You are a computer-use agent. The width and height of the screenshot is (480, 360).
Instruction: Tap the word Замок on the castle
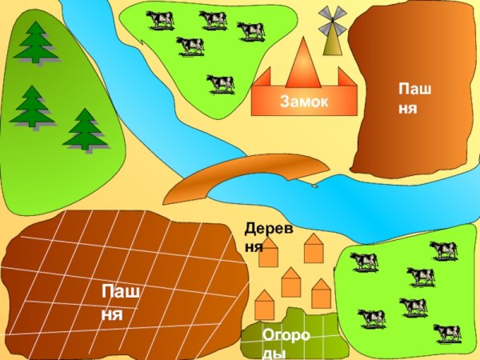(x=304, y=102)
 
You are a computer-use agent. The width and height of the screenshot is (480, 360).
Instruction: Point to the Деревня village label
(x=269, y=238)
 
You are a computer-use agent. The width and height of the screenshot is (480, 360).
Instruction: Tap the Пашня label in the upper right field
(x=414, y=97)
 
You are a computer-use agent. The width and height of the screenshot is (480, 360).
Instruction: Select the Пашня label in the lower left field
(x=121, y=302)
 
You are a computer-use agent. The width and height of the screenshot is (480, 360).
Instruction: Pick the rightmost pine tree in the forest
(x=85, y=130)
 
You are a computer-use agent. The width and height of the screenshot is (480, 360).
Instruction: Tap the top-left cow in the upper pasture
(x=161, y=19)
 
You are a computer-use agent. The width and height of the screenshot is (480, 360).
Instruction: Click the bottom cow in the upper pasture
(x=220, y=82)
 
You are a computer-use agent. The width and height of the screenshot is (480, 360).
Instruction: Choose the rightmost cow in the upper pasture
(x=250, y=30)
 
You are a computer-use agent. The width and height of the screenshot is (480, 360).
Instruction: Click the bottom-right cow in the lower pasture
(x=446, y=332)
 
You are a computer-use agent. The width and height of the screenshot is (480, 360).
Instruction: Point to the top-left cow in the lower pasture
(x=364, y=261)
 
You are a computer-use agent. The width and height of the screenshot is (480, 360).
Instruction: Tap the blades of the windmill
(x=331, y=21)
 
